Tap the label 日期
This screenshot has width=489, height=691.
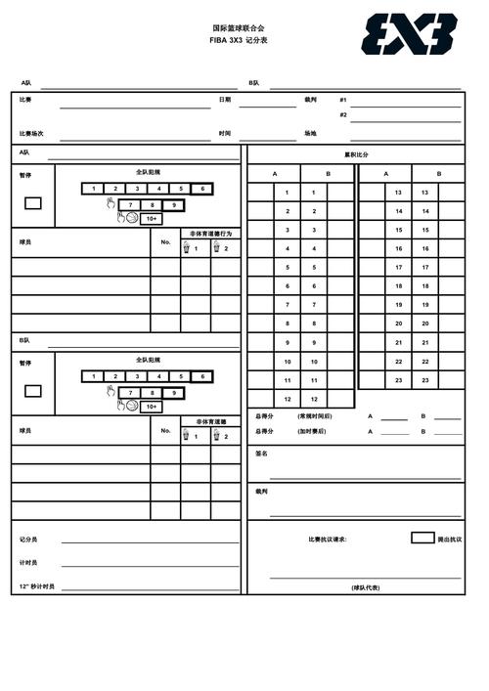[225, 99]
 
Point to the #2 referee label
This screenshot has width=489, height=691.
[343, 114]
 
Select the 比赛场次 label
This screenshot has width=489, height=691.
[31, 133]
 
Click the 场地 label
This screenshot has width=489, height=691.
[310, 133]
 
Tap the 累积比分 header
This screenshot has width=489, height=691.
[356, 154]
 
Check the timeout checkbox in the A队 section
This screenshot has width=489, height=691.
[33, 203]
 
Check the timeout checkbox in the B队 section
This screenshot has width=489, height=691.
[33, 391]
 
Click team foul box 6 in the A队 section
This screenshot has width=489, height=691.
[201, 189]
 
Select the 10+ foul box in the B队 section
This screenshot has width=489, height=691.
[151, 407]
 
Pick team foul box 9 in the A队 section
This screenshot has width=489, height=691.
[173, 204]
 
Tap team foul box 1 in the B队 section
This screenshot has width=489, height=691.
[93, 376]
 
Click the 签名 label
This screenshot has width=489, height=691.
[261, 453]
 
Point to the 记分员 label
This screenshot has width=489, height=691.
[28, 539]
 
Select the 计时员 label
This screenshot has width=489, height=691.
[28, 563]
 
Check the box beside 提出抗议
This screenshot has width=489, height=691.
[422, 538]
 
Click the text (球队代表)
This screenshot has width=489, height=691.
[366, 587]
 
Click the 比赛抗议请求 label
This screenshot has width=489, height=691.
[327, 539]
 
